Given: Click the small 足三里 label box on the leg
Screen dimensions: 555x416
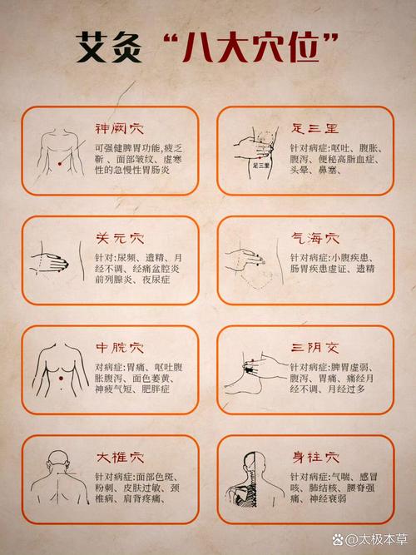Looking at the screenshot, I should coord(261,166).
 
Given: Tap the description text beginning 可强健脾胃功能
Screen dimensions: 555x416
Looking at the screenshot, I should coord(142,159).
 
